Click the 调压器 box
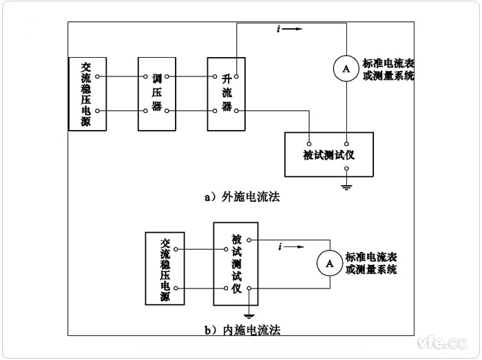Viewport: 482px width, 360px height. (x=157, y=94)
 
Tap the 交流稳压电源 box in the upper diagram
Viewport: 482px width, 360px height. (x=86, y=94)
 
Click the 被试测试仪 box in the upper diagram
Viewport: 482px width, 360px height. (x=328, y=154)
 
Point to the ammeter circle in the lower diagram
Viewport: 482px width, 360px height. (x=329, y=262)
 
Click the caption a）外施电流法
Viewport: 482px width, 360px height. (x=242, y=197)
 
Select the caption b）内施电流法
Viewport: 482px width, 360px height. (x=242, y=330)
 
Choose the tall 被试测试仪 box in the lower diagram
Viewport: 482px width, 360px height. (x=236, y=264)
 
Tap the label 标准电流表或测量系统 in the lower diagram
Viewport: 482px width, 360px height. (x=372, y=263)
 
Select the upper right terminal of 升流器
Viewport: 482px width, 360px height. (x=236, y=76)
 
